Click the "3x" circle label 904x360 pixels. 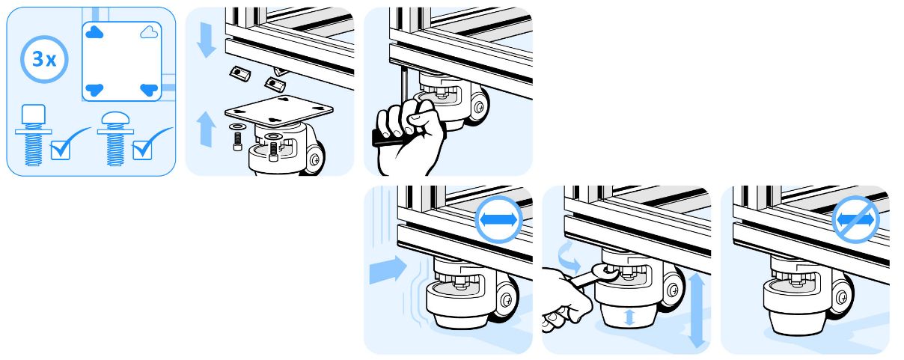[44, 59]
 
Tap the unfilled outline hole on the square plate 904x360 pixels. [149, 32]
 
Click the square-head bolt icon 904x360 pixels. [34, 135]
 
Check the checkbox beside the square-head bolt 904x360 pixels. [61, 150]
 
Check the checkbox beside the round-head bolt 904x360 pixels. [142, 150]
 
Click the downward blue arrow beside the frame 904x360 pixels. [207, 40]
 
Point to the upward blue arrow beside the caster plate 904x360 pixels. [207, 129]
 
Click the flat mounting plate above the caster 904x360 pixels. [279, 110]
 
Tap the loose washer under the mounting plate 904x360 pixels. [236, 127]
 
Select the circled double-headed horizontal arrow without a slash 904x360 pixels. [499, 219]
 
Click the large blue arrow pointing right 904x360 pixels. [388, 269]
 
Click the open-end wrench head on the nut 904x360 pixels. [605, 273]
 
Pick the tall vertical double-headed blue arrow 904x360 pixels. [697, 310]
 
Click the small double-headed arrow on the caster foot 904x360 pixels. [629, 317]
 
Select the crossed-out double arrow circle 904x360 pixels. [855, 219]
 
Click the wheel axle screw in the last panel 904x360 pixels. [842, 298]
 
